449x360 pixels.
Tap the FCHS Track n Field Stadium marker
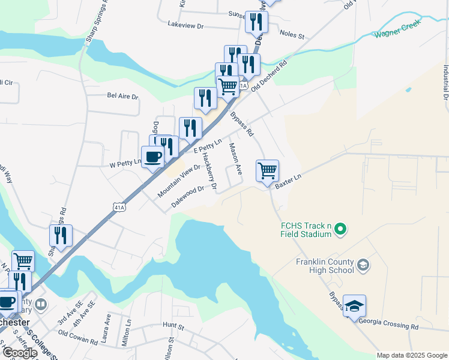point(340,229)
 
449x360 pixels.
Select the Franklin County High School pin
point(363,265)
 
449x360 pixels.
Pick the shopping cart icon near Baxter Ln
point(267,170)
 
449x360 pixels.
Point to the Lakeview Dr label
point(186,26)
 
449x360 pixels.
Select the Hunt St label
point(172,325)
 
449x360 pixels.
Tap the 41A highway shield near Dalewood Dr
point(119,207)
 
